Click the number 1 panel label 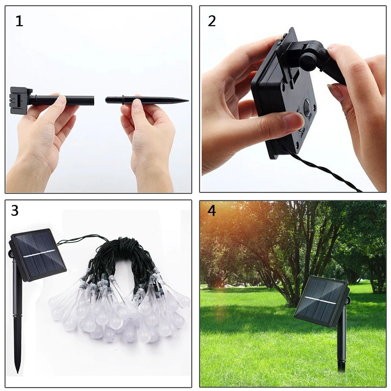pyautogui.click(x=19, y=21)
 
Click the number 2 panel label pyautogui.click(x=212, y=21)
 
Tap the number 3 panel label pyautogui.click(x=15, y=211)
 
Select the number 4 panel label pyautogui.click(x=212, y=211)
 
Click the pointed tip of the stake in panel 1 pyautogui.click(x=186, y=100)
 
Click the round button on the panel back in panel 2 pyautogui.click(x=307, y=107)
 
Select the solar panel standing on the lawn pyautogui.click(x=321, y=301)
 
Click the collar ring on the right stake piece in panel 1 pyautogui.click(x=123, y=100)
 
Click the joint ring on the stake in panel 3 pyautogui.click(x=16, y=316)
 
